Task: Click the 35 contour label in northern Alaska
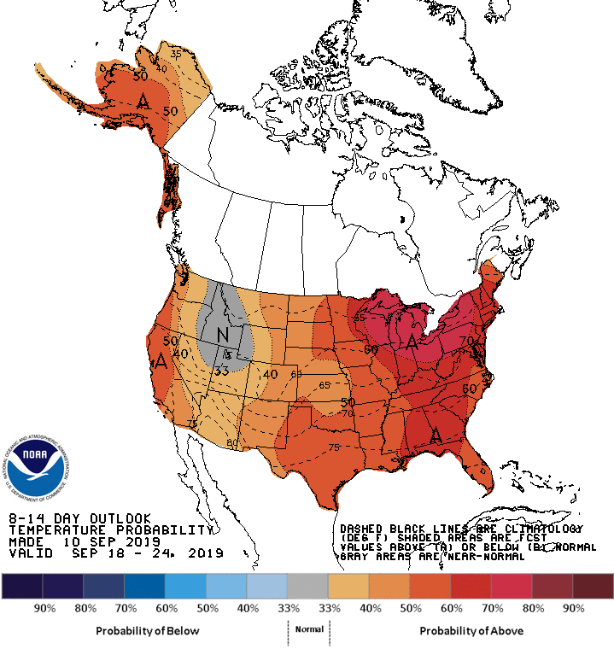click(x=176, y=53)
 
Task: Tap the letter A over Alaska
click(x=144, y=100)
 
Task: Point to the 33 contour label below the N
click(x=221, y=371)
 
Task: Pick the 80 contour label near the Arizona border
click(x=231, y=442)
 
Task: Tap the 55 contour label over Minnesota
click(x=360, y=318)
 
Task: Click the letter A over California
click(x=161, y=361)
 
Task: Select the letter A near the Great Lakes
click(x=412, y=342)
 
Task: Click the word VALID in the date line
click(x=26, y=553)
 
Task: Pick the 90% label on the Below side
click(x=44, y=608)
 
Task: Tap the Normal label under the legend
click(x=309, y=629)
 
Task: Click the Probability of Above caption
click(x=471, y=630)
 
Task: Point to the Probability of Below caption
click(x=148, y=630)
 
